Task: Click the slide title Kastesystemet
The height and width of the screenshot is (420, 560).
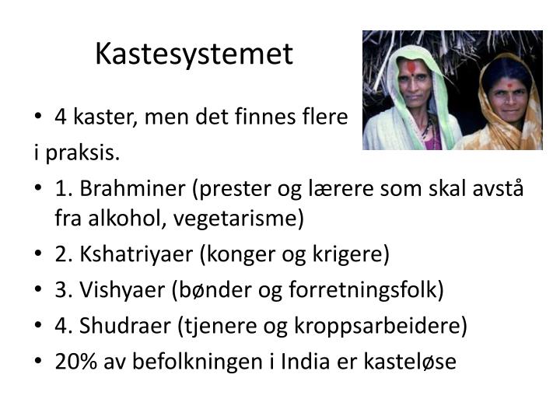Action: [x=194, y=54]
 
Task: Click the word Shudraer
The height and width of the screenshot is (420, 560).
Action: [x=124, y=326]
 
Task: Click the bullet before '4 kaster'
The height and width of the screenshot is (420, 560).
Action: [x=40, y=118]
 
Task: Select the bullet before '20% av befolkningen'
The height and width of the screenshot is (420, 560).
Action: [x=40, y=362]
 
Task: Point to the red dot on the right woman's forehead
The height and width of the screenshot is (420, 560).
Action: [x=508, y=82]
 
